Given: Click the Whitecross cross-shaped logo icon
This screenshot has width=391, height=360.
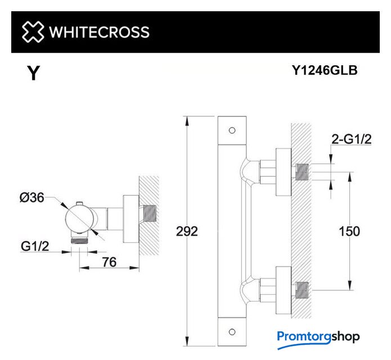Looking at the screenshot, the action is click(x=33, y=32).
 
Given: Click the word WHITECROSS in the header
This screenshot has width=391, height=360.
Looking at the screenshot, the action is click(x=99, y=32).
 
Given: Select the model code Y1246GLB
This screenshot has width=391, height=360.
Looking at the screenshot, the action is click(x=325, y=70).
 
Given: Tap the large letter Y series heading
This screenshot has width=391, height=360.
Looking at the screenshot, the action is click(x=34, y=73).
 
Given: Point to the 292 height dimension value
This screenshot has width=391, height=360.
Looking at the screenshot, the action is click(x=187, y=231).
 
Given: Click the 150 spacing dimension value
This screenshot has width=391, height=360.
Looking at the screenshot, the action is click(x=349, y=231).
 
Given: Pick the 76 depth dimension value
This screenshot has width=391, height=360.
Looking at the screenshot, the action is click(x=109, y=262).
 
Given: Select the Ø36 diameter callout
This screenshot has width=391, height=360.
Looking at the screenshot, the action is click(x=32, y=197).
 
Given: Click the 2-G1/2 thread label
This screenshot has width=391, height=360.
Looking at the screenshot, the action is click(x=352, y=139).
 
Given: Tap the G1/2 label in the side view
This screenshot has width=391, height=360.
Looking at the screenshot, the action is click(x=35, y=246).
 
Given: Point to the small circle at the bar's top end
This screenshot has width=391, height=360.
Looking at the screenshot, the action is click(x=232, y=130).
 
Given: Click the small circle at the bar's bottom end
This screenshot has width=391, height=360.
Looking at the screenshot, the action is click(x=232, y=332).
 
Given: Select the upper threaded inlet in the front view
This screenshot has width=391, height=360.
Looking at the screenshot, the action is click(x=302, y=172).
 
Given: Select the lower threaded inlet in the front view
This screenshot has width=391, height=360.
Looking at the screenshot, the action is click(x=302, y=290).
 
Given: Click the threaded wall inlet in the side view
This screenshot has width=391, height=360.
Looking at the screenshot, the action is click(x=150, y=213).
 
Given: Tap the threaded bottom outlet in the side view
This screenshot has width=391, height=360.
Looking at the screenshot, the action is click(x=79, y=241).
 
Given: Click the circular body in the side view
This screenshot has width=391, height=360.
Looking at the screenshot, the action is click(x=79, y=218).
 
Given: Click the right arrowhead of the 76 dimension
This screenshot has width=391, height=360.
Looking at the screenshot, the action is click(x=134, y=268).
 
